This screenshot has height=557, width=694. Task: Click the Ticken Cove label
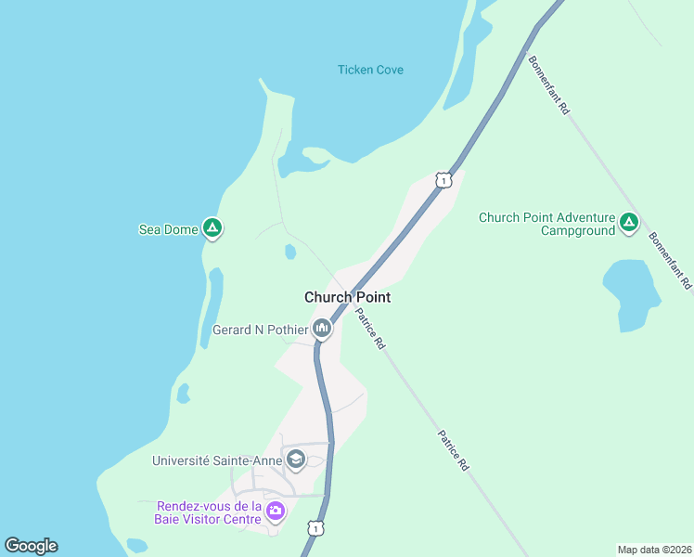tap(370, 70)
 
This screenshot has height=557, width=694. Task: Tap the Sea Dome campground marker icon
tap(212, 227)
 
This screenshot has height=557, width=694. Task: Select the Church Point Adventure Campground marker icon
tap(629, 222)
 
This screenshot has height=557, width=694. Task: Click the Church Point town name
tap(347, 297)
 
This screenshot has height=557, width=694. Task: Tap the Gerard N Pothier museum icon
tap(321, 328)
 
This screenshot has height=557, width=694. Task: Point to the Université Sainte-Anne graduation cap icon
tap(295, 459)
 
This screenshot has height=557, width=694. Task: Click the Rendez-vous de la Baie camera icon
tap(276, 511)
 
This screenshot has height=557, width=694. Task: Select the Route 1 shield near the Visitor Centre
tap(316, 528)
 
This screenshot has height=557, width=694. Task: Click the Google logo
tap(31, 546)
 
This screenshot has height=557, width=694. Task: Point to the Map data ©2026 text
tap(653, 550)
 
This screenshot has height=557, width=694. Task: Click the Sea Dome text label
tap(168, 229)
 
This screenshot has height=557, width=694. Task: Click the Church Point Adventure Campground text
tap(546, 224)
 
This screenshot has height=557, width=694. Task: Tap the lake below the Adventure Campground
tap(631, 292)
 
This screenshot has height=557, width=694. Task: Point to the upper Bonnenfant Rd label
tap(548, 84)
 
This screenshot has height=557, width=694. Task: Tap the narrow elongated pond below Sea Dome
tap(212, 306)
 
